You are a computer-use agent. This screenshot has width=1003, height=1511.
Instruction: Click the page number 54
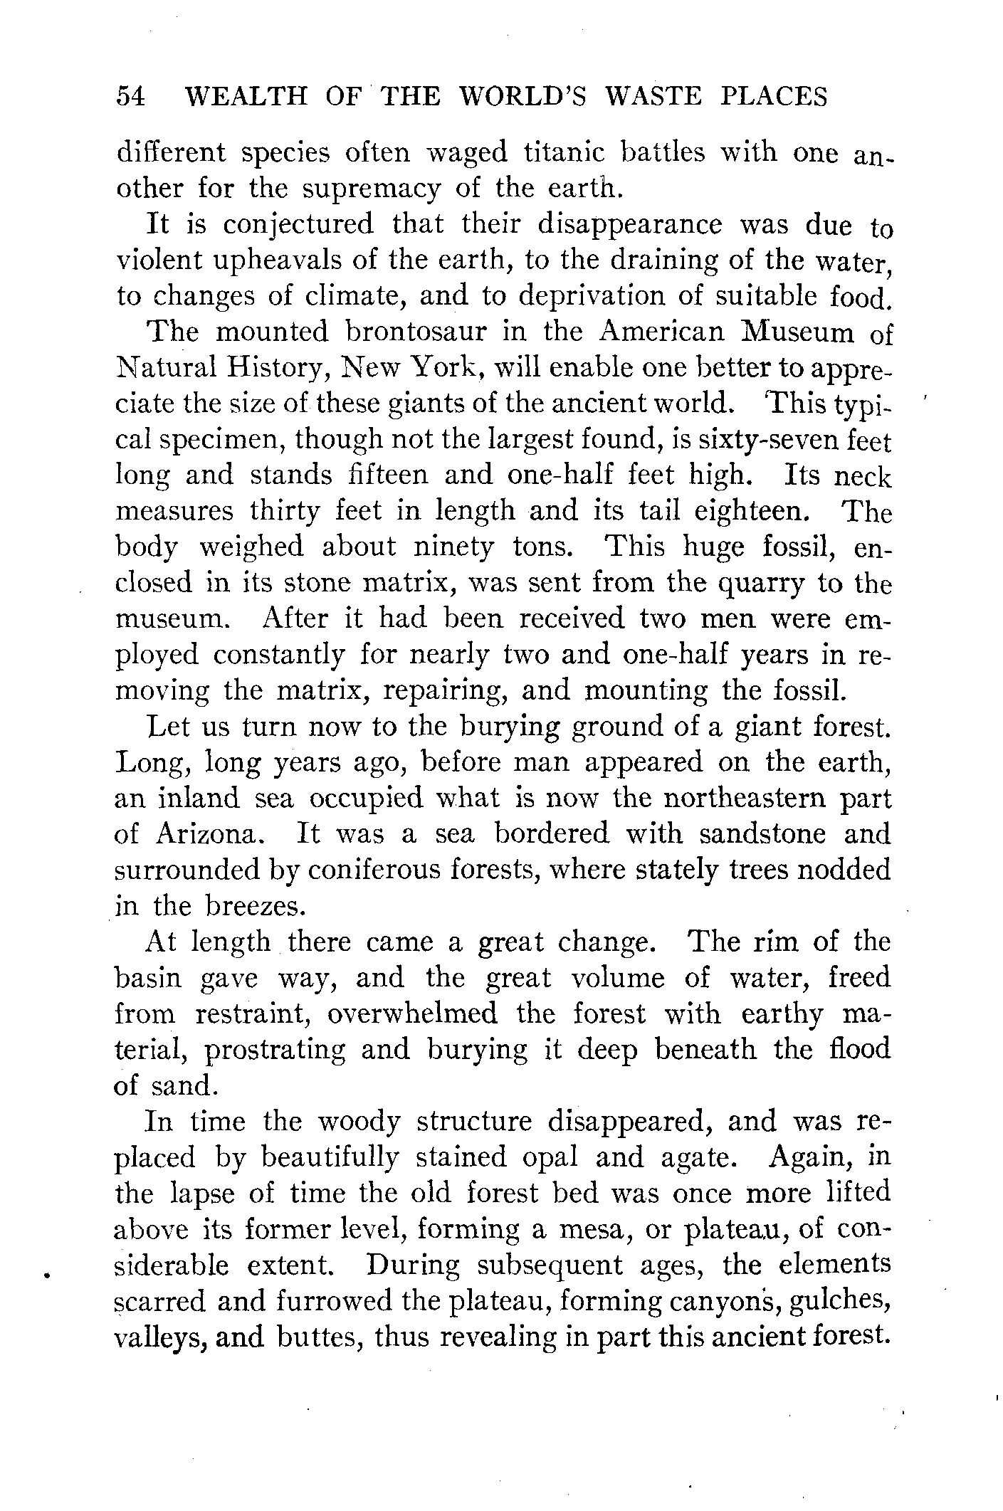coord(131,96)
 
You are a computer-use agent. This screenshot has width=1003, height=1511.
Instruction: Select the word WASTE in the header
coord(651,96)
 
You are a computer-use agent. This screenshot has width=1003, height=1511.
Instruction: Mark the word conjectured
coord(298,224)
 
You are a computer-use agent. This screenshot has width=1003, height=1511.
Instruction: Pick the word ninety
coord(460,547)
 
